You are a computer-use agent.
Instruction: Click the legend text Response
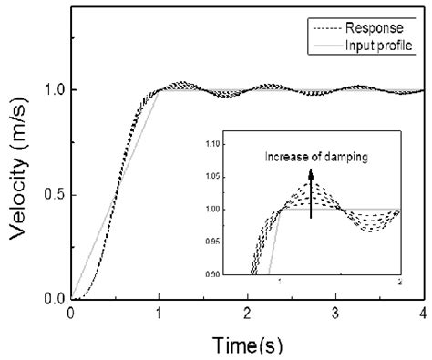point(384,28)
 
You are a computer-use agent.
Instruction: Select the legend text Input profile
point(383,46)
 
